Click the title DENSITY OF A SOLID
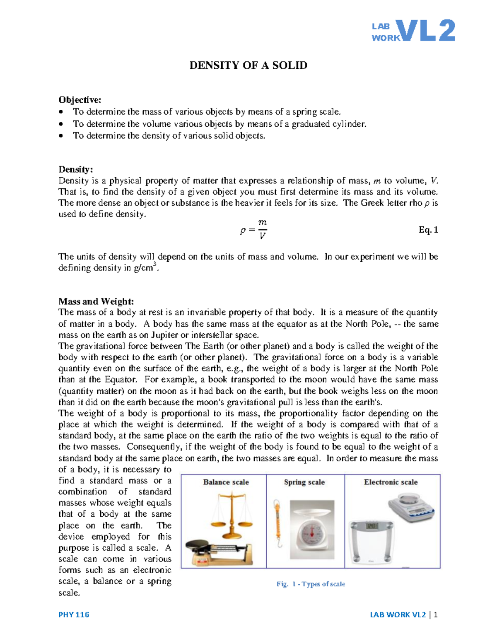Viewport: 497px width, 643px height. pos(248,65)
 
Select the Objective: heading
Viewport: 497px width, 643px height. pos(80,100)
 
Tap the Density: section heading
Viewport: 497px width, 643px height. pos(76,169)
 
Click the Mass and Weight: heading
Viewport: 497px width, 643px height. pos(96,301)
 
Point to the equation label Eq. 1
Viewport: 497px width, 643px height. pos(428,230)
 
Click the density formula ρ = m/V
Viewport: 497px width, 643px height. pos(253,230)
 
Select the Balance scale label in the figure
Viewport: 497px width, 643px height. pos(226,482)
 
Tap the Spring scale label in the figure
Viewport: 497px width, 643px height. pos(304,482)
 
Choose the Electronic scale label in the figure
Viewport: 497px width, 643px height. pos(391,482)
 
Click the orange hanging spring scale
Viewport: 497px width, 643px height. pos(277,524)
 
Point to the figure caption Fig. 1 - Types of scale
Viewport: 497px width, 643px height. pos(311,584)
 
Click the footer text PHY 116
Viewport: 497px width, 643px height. pos(74,614)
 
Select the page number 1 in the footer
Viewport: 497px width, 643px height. pos(436,614)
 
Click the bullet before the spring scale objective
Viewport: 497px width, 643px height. pos(61,112)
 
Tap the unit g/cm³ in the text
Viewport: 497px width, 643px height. pos(146,267)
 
